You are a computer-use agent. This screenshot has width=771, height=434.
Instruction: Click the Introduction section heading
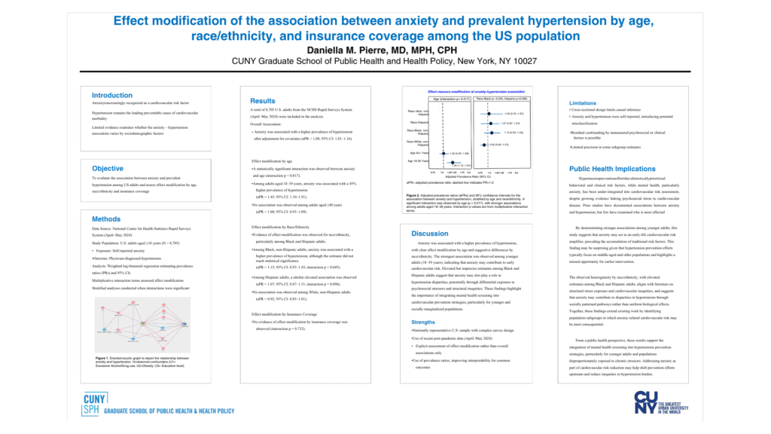click(111, 96)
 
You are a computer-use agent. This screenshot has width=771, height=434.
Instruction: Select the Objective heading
click(108, 168)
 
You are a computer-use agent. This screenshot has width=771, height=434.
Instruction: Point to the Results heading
click(263, 101)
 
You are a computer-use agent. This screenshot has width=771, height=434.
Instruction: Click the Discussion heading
click(430, 234)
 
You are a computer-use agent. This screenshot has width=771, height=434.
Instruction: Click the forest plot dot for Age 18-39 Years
click(449, 161)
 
